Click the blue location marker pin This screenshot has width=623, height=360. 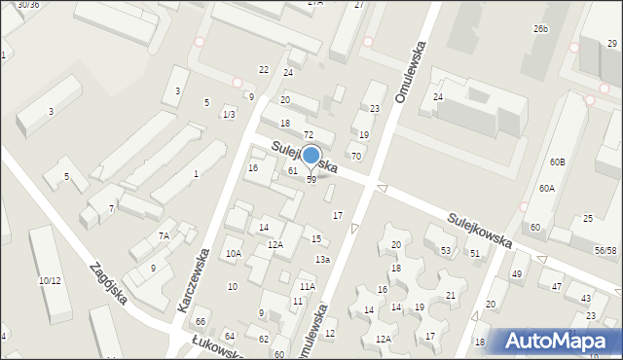pyautogui.click(x=311, y=156)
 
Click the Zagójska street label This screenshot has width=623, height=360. pyautogui.click(x=107, y=282)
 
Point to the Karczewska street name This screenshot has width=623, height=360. pyautogui.click(x=196, y=277)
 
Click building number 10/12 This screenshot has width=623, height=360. pyautogui.click(x=50, y=281)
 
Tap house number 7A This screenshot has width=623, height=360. pyautogui.click(x=165, y=235)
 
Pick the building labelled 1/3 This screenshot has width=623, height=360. pyautogui.click(x=229, y=115)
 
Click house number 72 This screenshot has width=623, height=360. pyautogui.click(x=308, y=133)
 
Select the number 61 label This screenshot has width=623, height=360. pyautogui.click(x=292, y=171)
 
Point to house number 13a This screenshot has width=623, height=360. pyautogui.click(x=322, y=259)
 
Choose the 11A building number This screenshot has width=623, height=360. pyautogui.click(x=307, y=286)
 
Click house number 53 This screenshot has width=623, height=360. pyautogui.click(x=445, y=251)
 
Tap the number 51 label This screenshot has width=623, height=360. pyautogui.click(x=475, y=253)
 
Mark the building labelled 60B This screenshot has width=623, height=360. pyautogui.click(x=557, y=162)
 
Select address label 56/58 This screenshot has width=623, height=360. pyautogui.click(x=605, y=250)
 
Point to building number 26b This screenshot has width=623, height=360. pyautogui.click(x=540, y=30)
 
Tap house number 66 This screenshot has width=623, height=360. pyautogui.click(x=201, y=322)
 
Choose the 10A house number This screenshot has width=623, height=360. pyautogui.click(x=233, y=254)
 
